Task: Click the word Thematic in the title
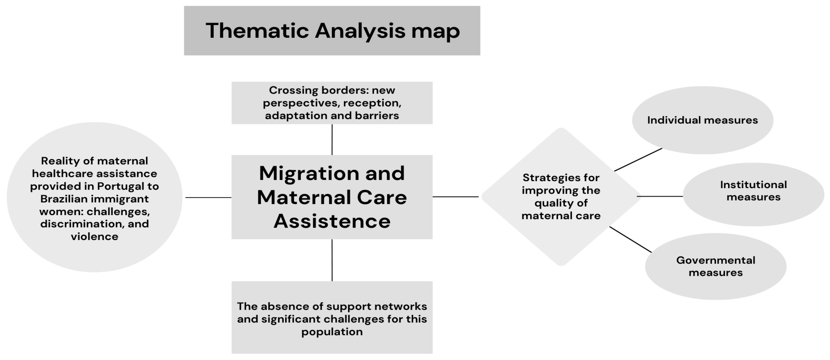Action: click(257, 31)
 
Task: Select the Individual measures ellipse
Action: click(702, 120)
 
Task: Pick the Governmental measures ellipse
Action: click(715, 266)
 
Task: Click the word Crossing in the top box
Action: click(293, 90)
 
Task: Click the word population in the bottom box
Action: click(332, 332)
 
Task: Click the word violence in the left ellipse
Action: click(94, 237)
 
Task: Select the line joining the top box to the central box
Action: click(332, 139)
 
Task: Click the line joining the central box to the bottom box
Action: click(332, 260)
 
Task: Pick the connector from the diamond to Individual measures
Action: click(638, 160)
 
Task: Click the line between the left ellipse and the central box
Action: click(208, 197)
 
